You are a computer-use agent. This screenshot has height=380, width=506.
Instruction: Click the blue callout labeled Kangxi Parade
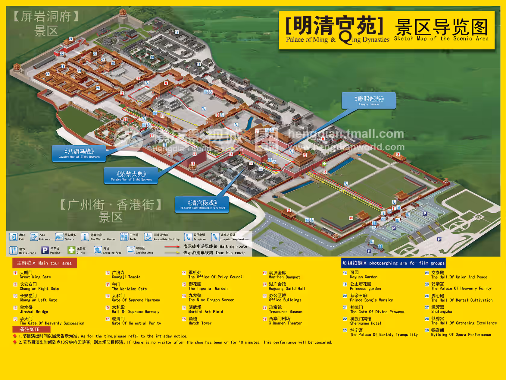[369, 100]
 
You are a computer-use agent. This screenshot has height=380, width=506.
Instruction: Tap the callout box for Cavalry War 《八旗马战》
[79, 153]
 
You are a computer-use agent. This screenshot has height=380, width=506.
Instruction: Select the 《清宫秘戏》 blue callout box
[202, 204]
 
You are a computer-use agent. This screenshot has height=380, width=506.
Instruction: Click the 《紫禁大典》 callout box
[131, 176]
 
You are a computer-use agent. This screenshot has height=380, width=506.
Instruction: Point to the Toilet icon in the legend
[124, 237]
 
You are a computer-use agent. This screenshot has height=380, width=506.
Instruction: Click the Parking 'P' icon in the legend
[45, 250]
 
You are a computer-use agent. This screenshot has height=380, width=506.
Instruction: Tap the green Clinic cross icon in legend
[71, 250]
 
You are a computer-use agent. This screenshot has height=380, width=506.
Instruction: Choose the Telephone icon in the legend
[188, 237]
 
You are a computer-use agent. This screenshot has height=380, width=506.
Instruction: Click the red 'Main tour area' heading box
[45, 263]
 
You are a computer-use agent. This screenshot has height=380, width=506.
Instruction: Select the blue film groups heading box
[393, 263]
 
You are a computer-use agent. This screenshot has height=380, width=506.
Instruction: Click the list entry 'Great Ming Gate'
[35, 275]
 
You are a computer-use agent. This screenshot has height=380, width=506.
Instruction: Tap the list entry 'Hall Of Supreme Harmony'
[135, 309]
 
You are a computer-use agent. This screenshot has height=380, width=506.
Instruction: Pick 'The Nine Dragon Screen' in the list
[211, 298]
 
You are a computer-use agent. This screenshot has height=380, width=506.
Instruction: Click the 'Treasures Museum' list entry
[285, 309]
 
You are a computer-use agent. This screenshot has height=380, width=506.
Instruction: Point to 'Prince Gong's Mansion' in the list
[371, 298]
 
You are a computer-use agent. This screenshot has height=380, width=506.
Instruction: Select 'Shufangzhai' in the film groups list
[442, 309]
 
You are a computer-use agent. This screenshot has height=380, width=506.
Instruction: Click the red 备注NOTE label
[31, 329]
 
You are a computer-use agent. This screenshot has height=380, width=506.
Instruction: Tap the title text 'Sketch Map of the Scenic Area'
[441, 39]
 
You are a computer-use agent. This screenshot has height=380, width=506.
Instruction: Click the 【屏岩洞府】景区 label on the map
[46, 23]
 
